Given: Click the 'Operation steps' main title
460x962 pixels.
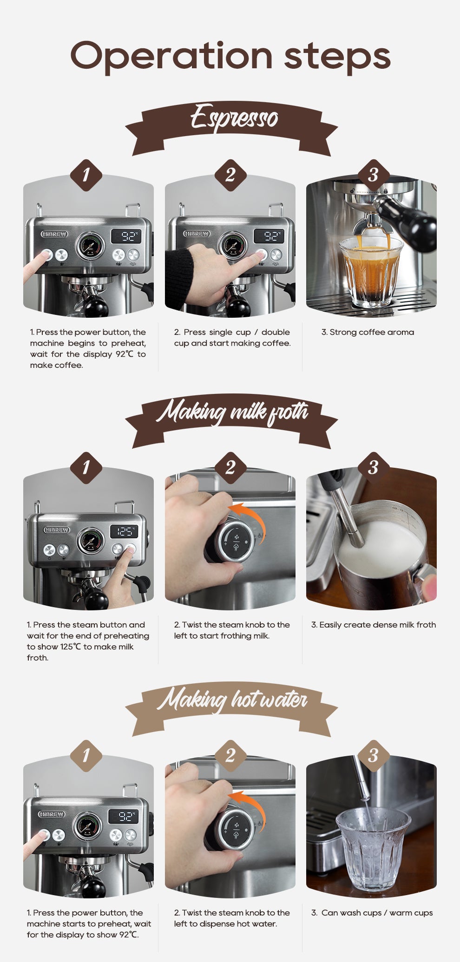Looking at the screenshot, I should click(x=230, y=56).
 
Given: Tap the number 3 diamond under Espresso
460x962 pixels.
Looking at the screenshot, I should click(x=373, y=175).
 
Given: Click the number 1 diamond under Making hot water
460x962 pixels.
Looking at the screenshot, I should click(x=86, y=756).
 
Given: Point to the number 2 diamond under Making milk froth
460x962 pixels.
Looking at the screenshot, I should click(x=230, y=468).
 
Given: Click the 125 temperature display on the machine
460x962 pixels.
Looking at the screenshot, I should click(x=124, y=531).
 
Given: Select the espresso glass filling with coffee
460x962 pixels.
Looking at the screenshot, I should click(x=370, y=272).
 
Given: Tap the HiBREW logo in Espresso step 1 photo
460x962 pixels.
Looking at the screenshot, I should click(x=54, y=234).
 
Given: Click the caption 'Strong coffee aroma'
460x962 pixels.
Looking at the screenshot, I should click(x=367, y=332).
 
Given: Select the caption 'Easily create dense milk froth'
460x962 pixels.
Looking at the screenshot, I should click(x=373, y=625).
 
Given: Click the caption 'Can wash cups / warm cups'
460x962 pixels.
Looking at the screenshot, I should click(x=372, y=913).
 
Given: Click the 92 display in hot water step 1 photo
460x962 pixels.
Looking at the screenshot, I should click(x=124, y=816).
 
